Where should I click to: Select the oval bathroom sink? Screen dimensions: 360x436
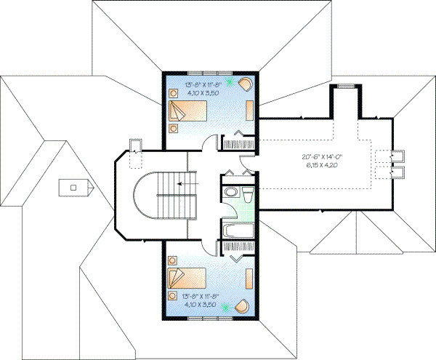tap(231, 193)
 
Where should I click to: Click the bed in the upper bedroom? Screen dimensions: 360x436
tap(188, 111)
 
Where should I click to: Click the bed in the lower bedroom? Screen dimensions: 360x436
tap(187, 279)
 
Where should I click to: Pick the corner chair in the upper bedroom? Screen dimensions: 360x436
tap(246, 83)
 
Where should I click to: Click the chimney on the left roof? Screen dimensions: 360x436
tap(73, 187)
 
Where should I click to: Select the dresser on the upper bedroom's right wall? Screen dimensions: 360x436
tap(250, 110)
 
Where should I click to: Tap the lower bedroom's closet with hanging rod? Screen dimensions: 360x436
tap(238, 248)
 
